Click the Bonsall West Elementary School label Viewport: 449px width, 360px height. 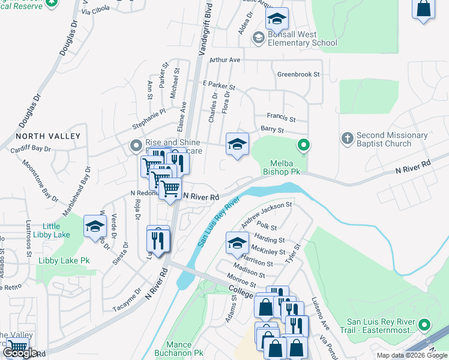point(303,39)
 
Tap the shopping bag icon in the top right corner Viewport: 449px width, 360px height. point(424,9)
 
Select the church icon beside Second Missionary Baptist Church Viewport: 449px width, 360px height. point(347,139)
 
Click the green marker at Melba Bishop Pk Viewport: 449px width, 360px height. point(304,145)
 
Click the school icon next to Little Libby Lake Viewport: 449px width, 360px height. point(95,227)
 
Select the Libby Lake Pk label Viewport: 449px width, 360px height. point(64,261)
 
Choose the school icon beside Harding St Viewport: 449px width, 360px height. point(237,243)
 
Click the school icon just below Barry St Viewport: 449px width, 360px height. point(238,145)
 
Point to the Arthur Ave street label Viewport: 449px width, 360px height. point(224,60)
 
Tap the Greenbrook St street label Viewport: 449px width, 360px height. point(298,74)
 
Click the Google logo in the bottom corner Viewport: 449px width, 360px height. point(20,353)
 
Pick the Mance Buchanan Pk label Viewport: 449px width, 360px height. point(178,349)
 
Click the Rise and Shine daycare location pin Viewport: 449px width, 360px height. point(136,146)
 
